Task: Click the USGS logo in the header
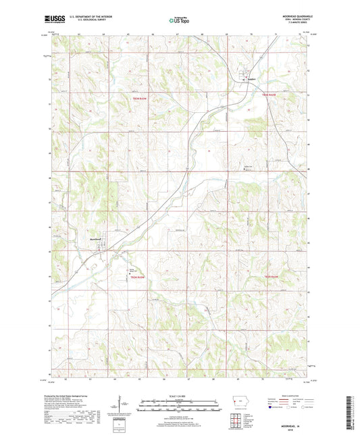coord(53,19)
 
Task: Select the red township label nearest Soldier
coord(269,95)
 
